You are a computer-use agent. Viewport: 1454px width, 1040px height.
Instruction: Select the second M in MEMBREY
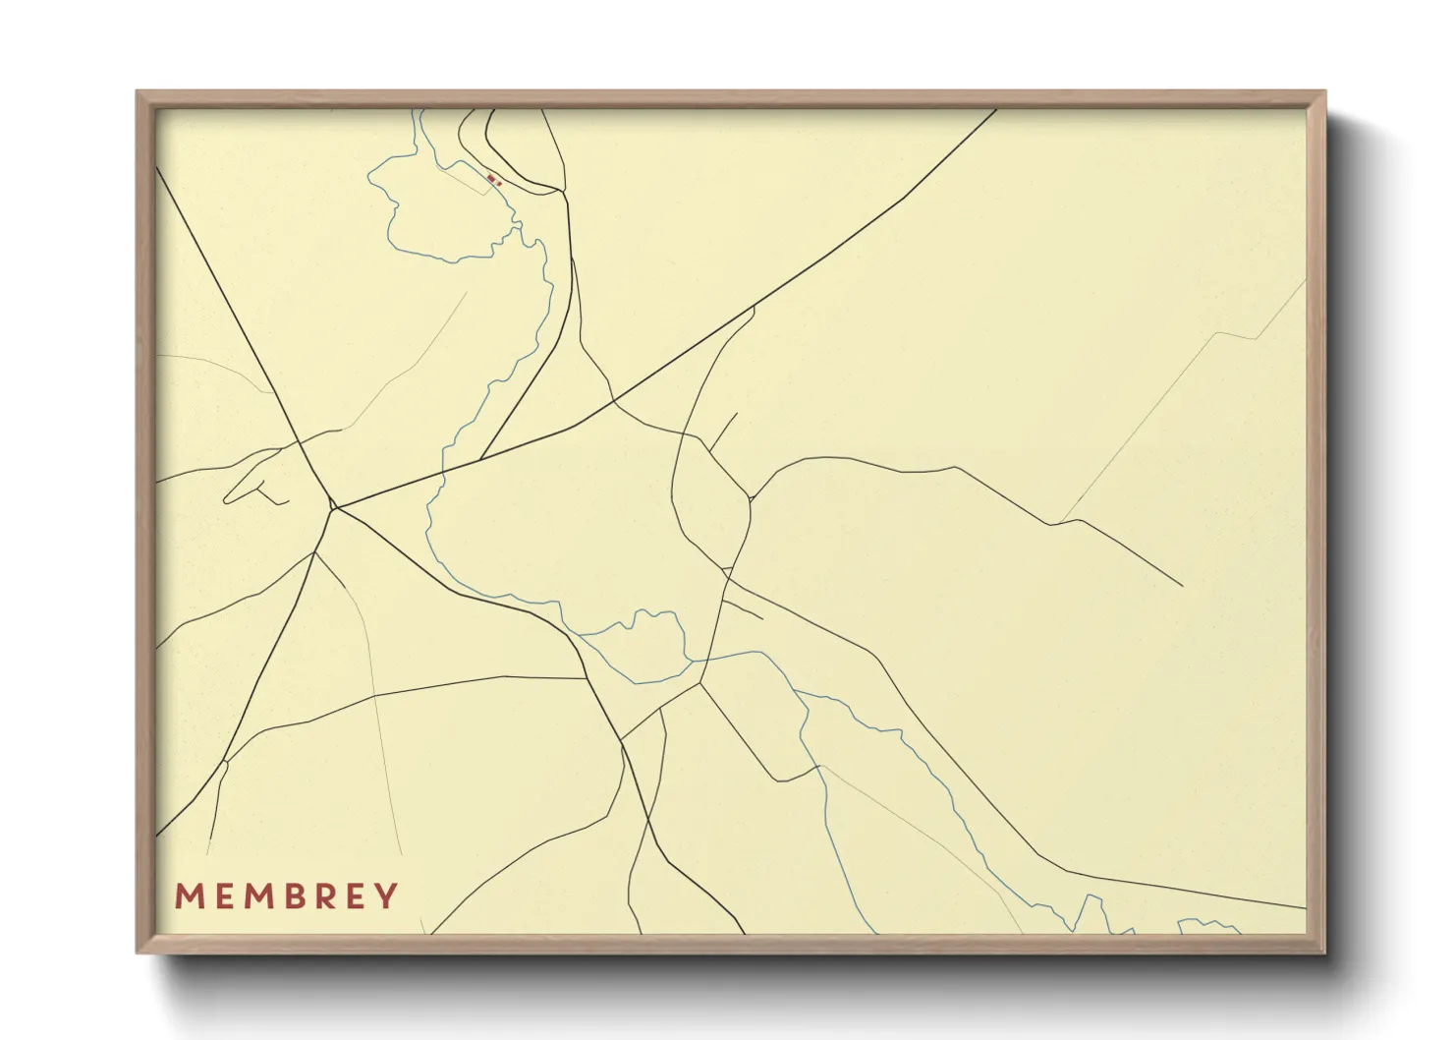coord(257,896)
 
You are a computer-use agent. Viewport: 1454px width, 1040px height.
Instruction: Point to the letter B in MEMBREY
coord(293,896)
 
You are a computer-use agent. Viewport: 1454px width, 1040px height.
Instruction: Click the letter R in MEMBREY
coord(324,896)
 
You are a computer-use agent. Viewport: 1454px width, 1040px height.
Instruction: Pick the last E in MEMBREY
coord(357,896)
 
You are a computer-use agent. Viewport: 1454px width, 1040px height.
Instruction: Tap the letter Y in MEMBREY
coord(388,896)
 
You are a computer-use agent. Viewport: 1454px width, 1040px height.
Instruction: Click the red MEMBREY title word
coord(287,896)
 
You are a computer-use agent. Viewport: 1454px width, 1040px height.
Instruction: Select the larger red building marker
coord(491,178)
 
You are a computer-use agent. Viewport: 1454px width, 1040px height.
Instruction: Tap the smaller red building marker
coord(499,183)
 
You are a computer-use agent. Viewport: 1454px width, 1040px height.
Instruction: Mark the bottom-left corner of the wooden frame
coord(139,951)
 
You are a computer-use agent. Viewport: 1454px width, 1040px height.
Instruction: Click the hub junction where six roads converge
coord(334,508)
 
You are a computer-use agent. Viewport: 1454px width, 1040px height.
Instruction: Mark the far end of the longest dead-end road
coord(1182,586)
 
